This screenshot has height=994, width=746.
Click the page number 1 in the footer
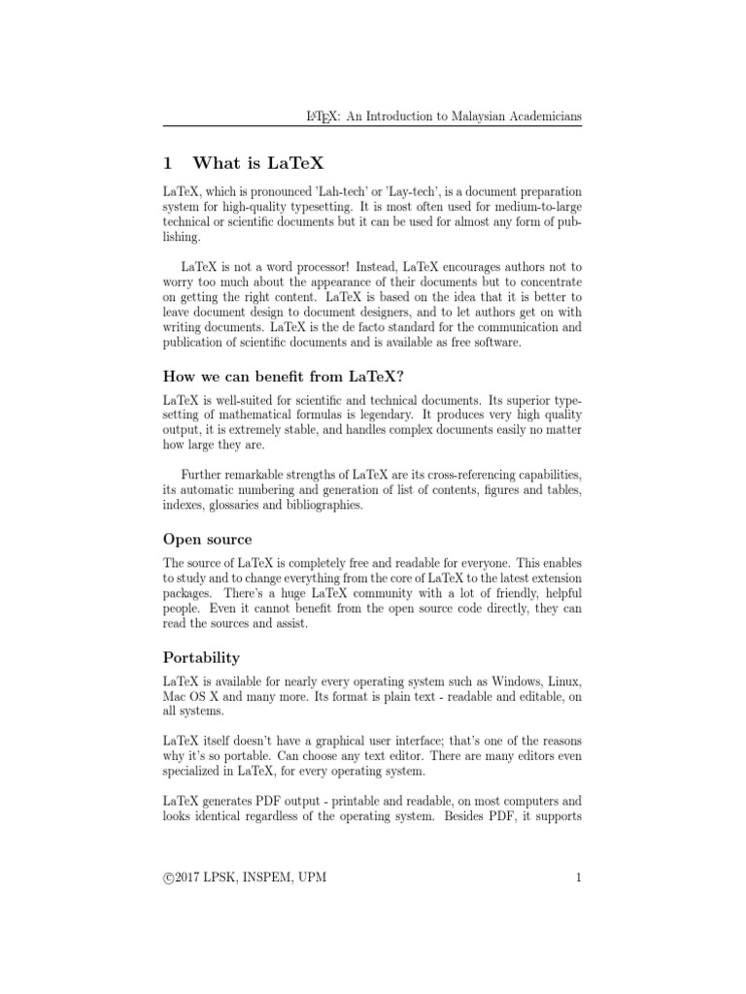(578, 879)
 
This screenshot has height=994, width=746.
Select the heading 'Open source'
(207, 539)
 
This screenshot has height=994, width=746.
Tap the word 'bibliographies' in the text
(319, 506)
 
